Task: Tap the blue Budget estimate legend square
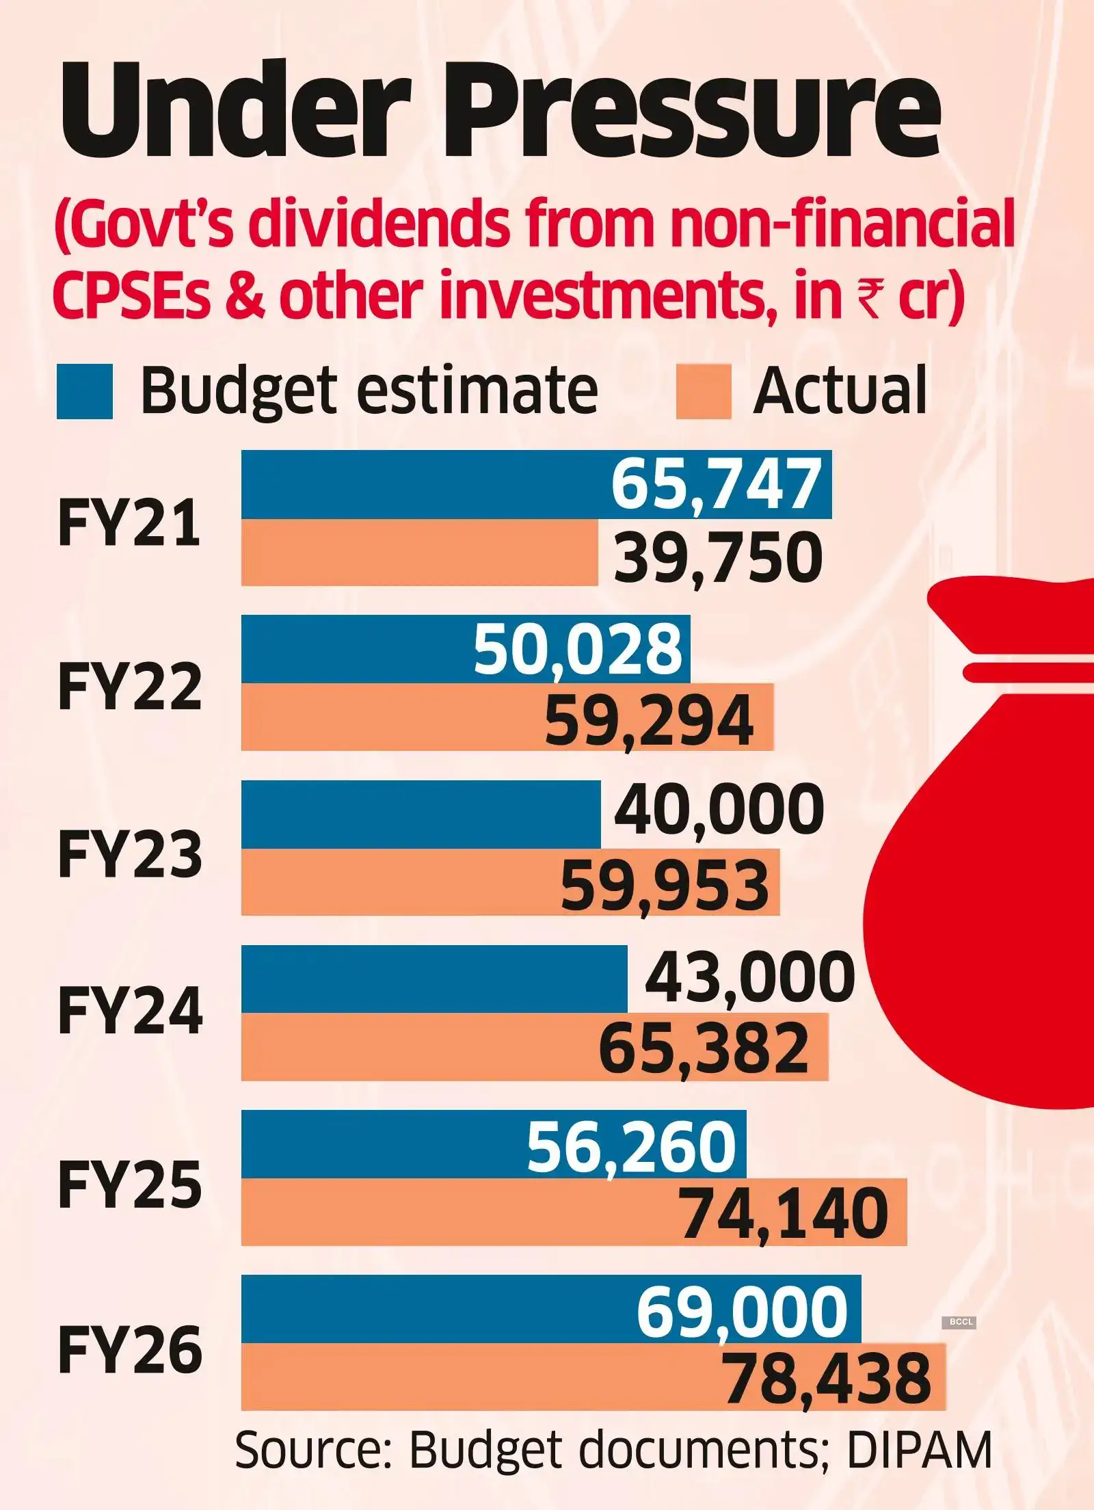click(84, 391)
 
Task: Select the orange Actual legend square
click(703, 391)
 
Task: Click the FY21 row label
click(130, 523)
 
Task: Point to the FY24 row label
click(130, 1012)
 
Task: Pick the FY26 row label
click(130, 1349)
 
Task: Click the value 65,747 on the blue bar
click(715, 484)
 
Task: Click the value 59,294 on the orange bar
click(649, 720)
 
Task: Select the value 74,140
click(785, 1214)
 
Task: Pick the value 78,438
click(827, 1379)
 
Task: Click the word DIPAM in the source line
click(920, 1450)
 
